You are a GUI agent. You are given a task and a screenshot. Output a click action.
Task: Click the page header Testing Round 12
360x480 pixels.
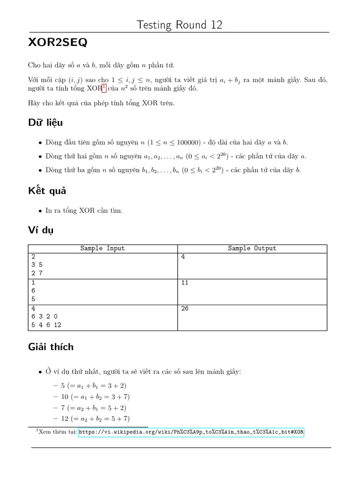tap(180, 25)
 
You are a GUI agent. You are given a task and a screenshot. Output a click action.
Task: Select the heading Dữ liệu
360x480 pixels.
tap(45, 123)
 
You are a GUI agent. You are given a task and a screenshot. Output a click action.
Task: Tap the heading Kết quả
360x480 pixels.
tap(47, 191)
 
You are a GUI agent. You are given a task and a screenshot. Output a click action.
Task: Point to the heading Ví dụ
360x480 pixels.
tap(41, 230)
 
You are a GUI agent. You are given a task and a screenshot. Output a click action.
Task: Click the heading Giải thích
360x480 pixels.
tap(51, 347)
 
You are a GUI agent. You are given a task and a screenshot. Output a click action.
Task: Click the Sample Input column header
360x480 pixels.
tap(102, 248)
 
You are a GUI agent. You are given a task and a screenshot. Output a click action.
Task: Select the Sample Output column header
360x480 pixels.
tap(252, 248)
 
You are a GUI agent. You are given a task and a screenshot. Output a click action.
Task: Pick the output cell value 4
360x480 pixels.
tap(183, 257)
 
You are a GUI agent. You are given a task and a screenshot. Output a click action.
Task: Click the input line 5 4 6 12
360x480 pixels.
tap(46, 325)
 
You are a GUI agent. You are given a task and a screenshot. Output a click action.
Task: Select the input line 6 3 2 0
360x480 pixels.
tap(45, 316)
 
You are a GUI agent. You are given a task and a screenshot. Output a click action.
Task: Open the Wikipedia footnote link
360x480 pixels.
tap(191, 432)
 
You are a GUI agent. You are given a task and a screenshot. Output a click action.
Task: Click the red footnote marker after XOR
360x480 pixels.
tap(104, 88)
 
